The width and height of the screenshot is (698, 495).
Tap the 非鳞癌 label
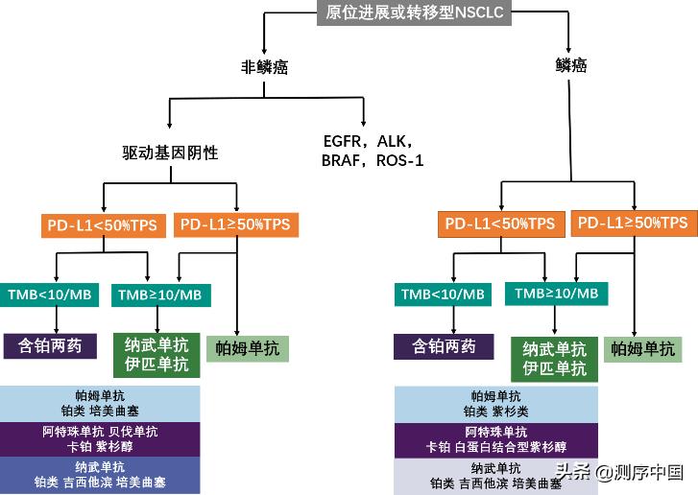265,67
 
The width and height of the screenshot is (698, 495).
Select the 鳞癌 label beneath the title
571,65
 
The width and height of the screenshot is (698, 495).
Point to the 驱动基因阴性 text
170,153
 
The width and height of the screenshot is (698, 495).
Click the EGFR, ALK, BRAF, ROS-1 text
373,151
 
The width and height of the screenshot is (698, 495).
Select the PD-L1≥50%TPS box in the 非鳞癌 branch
235,224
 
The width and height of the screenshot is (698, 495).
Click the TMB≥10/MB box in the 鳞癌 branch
556,293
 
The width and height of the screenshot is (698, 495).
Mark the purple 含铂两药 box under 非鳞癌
51,345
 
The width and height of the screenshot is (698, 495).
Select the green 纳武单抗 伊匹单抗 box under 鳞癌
555,359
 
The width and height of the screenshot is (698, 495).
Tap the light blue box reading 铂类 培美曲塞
100,403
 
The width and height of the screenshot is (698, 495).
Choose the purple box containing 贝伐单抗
100,438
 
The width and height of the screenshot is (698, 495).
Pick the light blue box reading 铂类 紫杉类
496,403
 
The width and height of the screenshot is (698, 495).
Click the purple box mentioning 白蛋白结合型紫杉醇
496,439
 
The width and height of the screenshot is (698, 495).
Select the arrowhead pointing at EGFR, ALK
365,124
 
